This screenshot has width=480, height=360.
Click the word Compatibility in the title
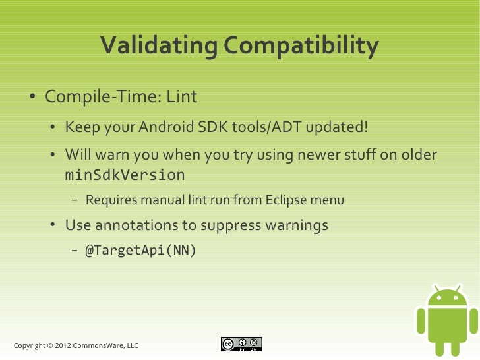(x=301, y=46)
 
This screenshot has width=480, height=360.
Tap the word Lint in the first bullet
(x=181, y=97)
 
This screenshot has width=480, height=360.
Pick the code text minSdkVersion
(x=125, y=175)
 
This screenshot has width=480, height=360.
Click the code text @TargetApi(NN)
(x=140, y=251)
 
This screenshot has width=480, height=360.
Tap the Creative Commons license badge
(x=241, y=344)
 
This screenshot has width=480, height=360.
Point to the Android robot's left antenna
(x=435, y=287)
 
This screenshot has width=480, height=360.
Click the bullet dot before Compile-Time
(x=32, y=98)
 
